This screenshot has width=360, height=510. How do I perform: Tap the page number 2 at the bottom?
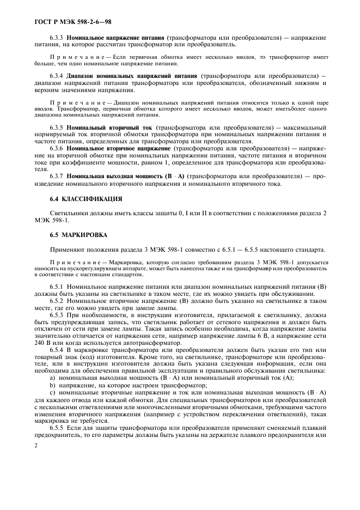coord(36,446)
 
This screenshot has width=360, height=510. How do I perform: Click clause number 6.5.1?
coord(57,286)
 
